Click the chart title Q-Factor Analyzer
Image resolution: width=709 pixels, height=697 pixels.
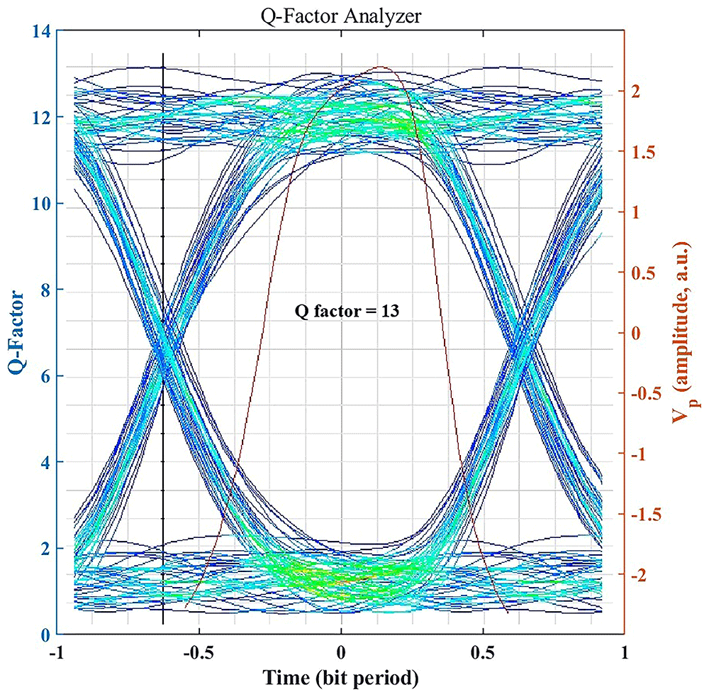(x=341, y=17)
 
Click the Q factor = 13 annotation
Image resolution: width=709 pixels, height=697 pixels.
(x=347, y=311)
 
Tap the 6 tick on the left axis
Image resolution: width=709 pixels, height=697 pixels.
(x=45, y=376)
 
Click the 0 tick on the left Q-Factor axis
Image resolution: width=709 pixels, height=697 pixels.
(x=45, y=635)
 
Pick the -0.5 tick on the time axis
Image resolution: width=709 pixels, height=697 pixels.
(x=199, y=653)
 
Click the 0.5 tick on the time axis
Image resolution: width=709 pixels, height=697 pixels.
(x=484, y=653)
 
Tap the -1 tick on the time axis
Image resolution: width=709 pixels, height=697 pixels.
(x=57, y=653)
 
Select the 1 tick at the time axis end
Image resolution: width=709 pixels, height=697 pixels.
(x=625, y=653)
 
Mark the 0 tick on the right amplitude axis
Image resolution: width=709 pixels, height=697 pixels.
(x=636, y=333)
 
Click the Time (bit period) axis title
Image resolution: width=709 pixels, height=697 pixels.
(x=341, y=678)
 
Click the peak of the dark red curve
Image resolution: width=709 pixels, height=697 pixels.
(x=381, y=67)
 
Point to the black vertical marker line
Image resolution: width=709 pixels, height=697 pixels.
(x=163, y=339)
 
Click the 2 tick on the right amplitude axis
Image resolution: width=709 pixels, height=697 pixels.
(x=636, y=92)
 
